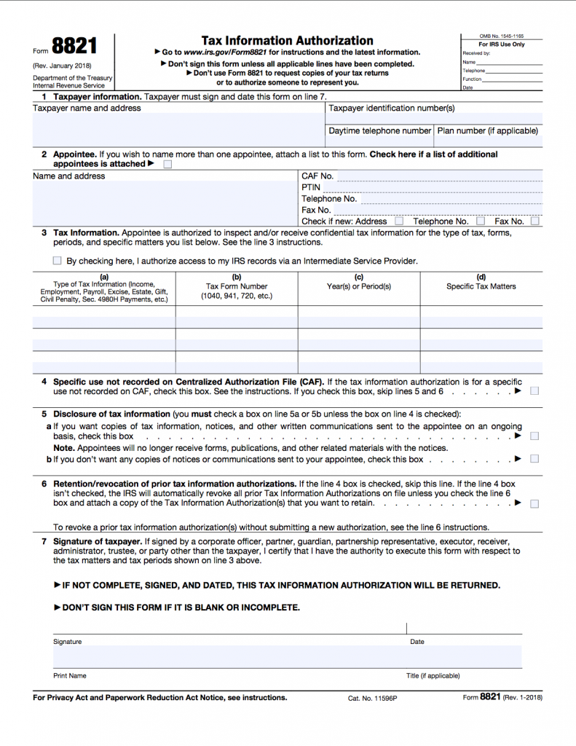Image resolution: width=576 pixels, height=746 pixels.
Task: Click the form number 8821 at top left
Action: pos(74,47)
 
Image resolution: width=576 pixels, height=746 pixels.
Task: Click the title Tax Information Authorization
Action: pos(287,41)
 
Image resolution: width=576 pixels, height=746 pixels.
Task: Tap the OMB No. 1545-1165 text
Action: pos(501,36)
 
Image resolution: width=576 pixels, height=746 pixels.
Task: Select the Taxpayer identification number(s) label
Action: pos(392,108)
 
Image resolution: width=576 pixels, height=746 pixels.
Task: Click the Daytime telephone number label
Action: pos(379,131)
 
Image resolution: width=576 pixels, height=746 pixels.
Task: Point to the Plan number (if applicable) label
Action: pos(487,131)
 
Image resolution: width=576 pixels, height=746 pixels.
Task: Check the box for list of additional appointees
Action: pos(168,165)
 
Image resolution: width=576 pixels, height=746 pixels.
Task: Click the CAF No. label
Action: pos(317,176)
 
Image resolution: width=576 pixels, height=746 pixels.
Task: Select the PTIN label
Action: pos(311,187)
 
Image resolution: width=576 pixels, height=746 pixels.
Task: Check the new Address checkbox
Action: pos(398,221)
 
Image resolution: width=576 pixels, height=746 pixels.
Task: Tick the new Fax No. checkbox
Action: pos(534,221)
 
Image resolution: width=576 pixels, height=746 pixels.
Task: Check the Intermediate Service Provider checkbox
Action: pos(58,261)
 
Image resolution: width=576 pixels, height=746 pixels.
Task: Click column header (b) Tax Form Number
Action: pos(237,286)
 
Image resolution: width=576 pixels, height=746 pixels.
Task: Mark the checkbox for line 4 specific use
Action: pos(534,391)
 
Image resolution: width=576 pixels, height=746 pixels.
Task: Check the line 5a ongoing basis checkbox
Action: pos(534,436)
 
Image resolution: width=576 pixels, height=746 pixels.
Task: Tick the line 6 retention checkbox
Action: pos(534,503)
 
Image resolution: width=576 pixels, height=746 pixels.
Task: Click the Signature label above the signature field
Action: pos(68,642)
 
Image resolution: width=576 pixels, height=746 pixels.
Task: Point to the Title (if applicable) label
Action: pos(433,676)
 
